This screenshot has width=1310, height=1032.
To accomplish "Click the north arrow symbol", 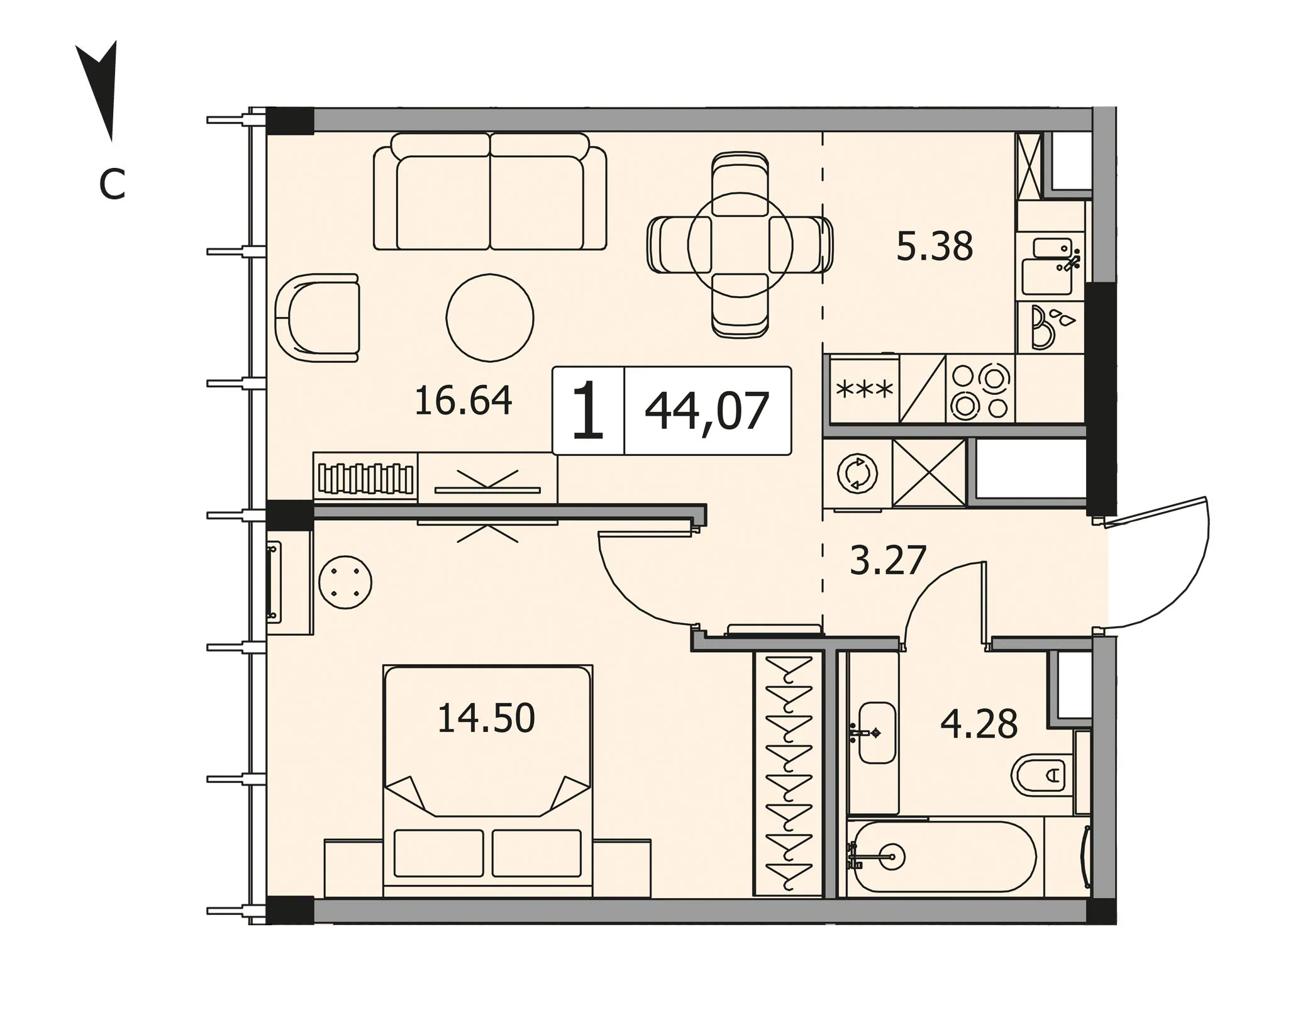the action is click(x=101, y=88).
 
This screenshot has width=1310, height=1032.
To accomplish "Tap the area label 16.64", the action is click(x=463, y=401).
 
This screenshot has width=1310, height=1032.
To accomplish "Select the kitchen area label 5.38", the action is click(x=935, y=247).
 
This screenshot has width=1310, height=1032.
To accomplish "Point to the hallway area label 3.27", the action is click(x=888, y=560).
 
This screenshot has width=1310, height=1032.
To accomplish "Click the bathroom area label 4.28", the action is click(x=979, y=724).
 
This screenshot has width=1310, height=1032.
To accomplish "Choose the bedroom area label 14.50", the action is click(x=486, y=718).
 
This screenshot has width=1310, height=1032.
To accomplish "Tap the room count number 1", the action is click(x=589, y=411).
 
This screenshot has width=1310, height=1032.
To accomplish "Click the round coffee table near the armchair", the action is click(x=490, y=318).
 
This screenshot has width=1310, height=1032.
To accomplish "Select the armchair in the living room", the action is click(x=317, y=318).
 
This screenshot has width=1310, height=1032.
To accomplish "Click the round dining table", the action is click(x=740, y=245).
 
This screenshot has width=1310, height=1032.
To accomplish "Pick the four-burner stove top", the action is click(x=980, y=388).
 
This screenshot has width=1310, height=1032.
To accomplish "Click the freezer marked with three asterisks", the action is click(x=865, y=389).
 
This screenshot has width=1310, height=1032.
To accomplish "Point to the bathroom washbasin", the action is click(x=876, y=733).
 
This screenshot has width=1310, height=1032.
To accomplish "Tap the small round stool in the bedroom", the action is click(x=345, y=582).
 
